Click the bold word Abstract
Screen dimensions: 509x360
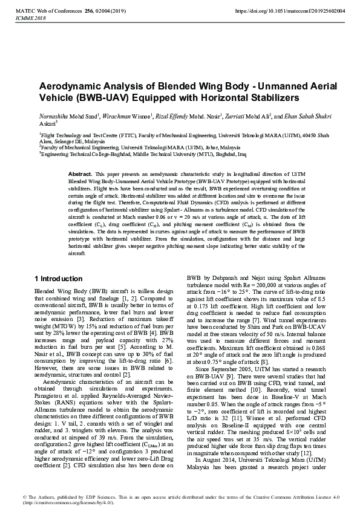(x=79, y=173)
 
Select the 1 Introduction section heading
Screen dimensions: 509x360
(x=58, y=279)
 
